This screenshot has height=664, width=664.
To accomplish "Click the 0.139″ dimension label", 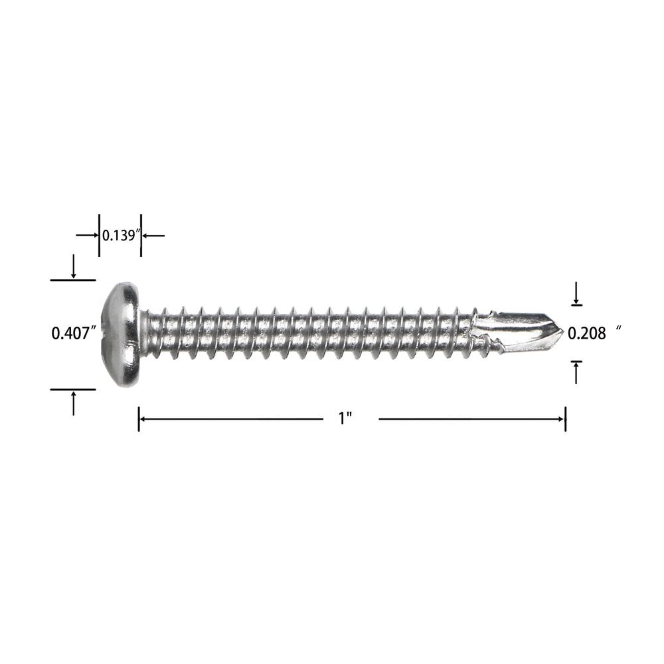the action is pos(121,235).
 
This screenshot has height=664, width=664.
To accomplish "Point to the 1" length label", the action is pos(345,419).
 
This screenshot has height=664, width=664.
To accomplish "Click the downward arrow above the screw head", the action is pos(74,266).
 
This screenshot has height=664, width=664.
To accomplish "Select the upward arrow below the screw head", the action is pos(74,403).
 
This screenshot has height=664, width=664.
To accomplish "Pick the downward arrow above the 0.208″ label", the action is pos(576,293).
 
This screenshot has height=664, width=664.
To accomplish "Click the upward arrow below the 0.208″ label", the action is pos(576,373).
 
